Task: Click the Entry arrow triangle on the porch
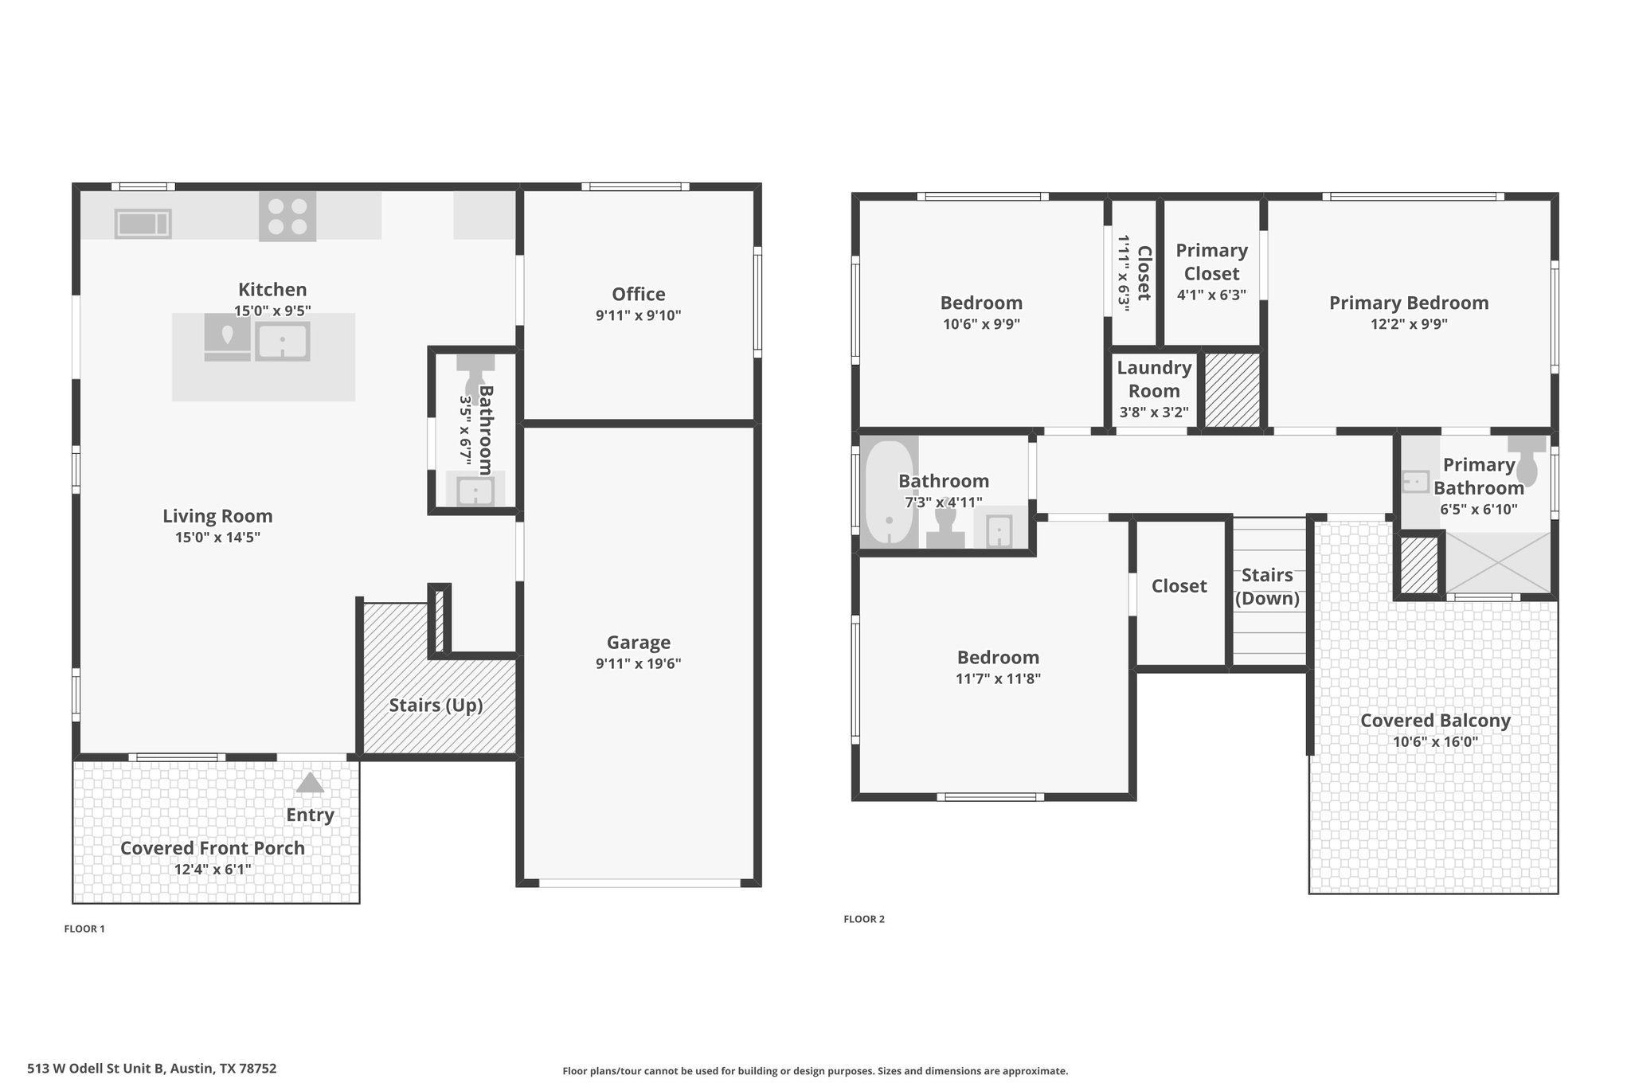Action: point(310,782)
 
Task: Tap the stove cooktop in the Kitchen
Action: point(287,216)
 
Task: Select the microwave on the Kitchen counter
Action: point(143,223)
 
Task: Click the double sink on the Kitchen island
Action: point(282,342)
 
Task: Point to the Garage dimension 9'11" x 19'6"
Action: point(639,663)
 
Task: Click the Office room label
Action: point(639,294)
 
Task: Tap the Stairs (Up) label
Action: point(436,706)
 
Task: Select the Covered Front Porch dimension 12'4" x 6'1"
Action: point(213,869)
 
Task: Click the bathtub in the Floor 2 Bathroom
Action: point(890,492)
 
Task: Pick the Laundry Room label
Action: point(1154,379)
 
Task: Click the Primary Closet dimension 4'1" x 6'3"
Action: point(1211,295)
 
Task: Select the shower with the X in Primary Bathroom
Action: point(1498,562)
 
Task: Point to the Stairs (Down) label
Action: point(1267,587)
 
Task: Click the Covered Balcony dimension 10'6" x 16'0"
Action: point(1435,741)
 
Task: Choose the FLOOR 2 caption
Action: point(864,919)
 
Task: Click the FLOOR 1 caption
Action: point(84,929)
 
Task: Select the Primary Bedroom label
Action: point(1409,303)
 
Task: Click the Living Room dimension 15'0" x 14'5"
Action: point(218,538)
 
